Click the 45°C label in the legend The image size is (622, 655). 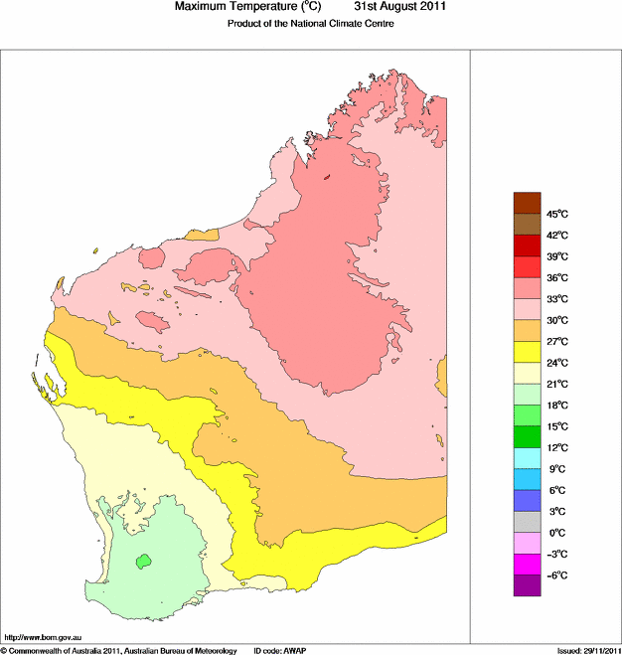[x=556, y=214]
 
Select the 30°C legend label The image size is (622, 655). [x=556, y=320]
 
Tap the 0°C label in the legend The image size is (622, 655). [x=556, y=533]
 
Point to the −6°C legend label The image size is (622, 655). [x=556, y=575]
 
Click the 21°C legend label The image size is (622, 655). [x=556, y=384]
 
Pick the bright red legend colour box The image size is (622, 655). [x=527, y=267]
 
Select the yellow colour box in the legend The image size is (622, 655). [x=527, y=352]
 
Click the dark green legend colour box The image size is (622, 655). [x=527, y=436]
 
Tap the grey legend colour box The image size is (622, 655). [x=527, y=522]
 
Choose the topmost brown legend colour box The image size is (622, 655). [x=527, y=203]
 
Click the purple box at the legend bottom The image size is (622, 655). [x=527, y=585]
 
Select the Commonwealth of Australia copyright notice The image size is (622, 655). [x=119, y=650]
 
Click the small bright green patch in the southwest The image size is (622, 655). [x=144, y=561]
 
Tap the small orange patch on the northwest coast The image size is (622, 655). [x=204, y=235]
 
